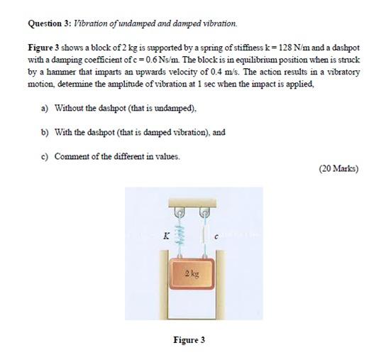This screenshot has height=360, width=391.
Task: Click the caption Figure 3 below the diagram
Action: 189,339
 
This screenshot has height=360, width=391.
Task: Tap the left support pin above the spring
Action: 180,210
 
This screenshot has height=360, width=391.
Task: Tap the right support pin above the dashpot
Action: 205,210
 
